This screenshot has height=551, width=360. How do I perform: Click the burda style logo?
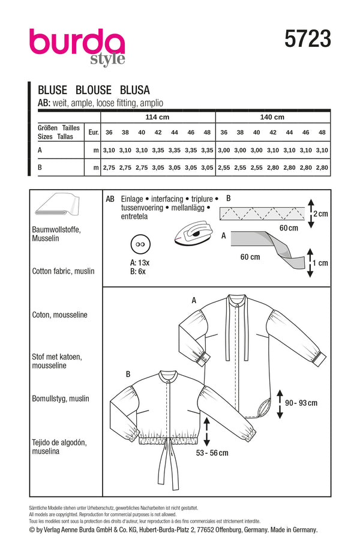77,46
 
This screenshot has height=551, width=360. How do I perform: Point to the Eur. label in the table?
92,132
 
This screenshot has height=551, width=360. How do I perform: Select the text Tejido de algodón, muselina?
58,448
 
